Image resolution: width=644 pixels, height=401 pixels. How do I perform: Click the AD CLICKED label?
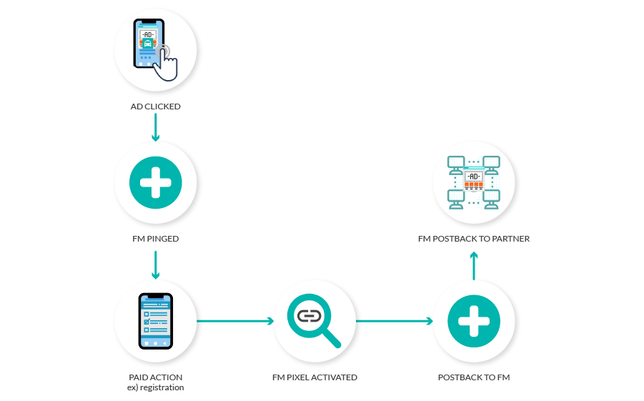pos(155,107)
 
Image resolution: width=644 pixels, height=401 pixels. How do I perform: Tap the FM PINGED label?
pos(155,239)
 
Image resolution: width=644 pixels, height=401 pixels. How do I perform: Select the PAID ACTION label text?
pos(155,377)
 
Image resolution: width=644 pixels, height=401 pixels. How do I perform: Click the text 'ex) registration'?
pos(155,387)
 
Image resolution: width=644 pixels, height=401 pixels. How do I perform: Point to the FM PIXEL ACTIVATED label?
pos(314,377)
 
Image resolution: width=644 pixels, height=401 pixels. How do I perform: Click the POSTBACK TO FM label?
pos(473,377)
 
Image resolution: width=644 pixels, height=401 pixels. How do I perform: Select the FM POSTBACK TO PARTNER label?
pos(473,239)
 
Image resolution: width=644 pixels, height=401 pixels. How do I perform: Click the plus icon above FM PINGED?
pos(155,182)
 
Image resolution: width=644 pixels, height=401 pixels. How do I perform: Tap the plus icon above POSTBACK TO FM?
pos(473,322)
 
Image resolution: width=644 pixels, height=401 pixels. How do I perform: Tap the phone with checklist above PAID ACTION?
pos(155,321)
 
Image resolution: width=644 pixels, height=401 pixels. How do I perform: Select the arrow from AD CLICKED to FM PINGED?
pos(155,127)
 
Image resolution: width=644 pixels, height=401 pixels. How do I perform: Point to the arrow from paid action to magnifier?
pos(235,321)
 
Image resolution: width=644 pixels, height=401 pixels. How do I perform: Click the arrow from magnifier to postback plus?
pos(394,321)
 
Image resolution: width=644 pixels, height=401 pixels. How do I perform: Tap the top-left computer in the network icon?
pos(455,165)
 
